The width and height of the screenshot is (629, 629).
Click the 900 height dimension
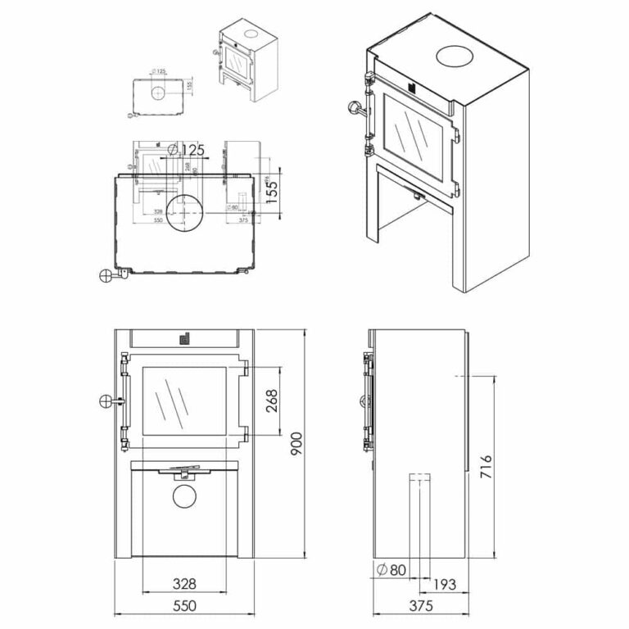296,447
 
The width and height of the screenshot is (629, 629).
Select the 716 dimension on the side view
485,470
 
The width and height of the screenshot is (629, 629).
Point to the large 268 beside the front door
271,400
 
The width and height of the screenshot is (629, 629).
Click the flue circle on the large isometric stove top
455,56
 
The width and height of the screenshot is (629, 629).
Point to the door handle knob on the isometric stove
354,108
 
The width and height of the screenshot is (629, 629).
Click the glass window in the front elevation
185,401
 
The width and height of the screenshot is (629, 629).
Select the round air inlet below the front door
186,496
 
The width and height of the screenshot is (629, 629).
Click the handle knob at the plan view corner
106,276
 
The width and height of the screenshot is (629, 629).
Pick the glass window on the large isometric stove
415,131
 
